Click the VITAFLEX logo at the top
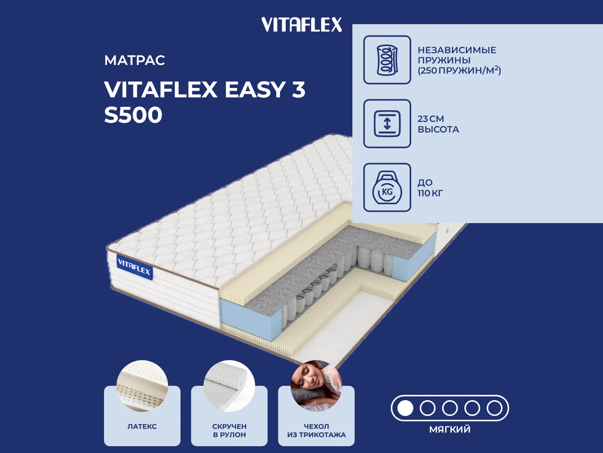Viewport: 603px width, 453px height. tap(301, 25)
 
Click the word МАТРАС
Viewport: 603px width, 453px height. tap(135, 60)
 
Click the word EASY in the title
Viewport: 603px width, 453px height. tap(255, 90)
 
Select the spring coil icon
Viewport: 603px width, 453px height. tap(387, 60)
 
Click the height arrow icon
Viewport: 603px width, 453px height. tap(387, 123)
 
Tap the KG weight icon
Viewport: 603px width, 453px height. tap(387, 188)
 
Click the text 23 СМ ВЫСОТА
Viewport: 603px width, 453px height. tap(438, 124)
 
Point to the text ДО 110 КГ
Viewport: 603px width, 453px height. tap(430, 188)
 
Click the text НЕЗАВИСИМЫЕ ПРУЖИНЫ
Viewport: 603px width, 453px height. tap(456, 55)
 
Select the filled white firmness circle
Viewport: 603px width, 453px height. tap(405, 408)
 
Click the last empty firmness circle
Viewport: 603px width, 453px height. tap(494, 408)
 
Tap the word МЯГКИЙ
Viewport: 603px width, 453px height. tap(450, 429)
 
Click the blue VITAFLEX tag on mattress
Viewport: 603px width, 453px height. tap(134, 267)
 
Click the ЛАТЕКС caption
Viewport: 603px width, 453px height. tap(142, 427)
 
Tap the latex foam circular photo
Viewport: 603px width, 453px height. tap(142, 386)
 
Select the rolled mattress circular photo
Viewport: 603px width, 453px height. tap(229, 386)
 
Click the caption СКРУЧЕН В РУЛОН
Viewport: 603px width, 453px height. tap(229, 430)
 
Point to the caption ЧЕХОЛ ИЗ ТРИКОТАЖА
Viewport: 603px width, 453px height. tap(316, 430)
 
